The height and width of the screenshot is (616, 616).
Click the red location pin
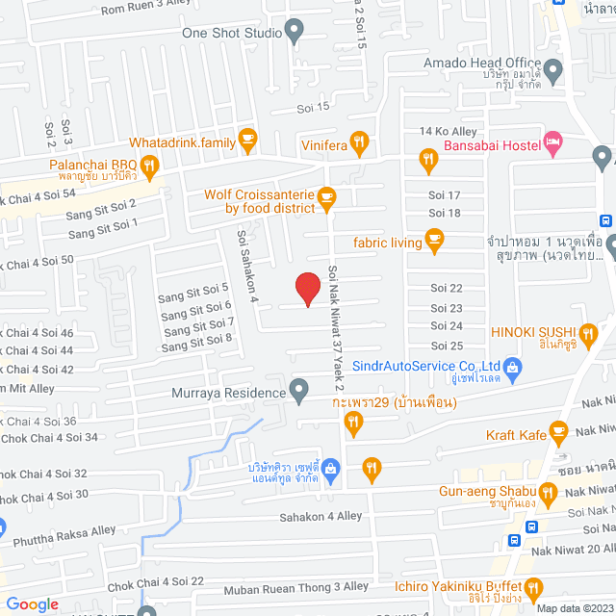point(307,288)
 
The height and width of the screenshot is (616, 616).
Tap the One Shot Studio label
point(232,33)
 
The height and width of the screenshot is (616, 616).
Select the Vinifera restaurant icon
point(359,143)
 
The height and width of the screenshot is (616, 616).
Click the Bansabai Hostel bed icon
point(552,143)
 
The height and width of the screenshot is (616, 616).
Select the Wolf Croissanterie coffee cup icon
point(326,199)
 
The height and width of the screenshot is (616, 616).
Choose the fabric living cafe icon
point(434,242)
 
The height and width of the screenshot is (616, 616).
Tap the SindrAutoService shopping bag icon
point(513,366)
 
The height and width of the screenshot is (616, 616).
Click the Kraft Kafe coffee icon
point(557,430)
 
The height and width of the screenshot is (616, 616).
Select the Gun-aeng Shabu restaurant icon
point(548,493)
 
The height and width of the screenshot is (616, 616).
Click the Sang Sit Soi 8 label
point(197,339)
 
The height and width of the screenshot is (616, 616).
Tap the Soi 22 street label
point(447,288)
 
